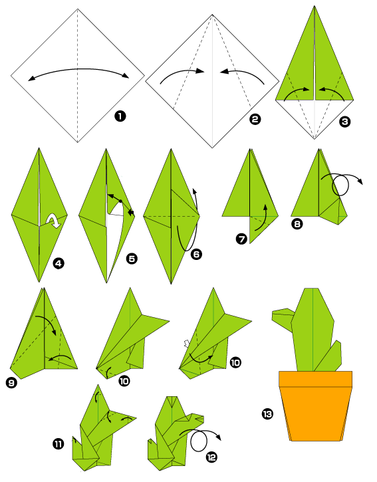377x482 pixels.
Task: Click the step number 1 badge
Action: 120,116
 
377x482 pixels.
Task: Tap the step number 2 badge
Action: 255,119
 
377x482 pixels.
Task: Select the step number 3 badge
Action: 344,122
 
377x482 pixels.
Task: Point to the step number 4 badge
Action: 59,263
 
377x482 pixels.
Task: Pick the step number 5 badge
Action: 132,259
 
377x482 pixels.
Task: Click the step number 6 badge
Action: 197,254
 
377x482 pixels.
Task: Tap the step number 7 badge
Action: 241,239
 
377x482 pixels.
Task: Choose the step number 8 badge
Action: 297,224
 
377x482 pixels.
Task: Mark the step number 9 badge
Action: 11,383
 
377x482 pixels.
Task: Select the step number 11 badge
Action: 58,444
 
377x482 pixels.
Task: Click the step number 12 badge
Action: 211,457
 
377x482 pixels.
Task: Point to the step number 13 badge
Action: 267,414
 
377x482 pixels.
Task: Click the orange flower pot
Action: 316,406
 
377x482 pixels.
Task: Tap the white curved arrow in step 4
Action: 54,221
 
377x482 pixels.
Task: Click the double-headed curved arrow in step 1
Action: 78,70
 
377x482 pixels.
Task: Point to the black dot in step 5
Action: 120,201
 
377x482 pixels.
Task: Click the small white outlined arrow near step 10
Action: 186,343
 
